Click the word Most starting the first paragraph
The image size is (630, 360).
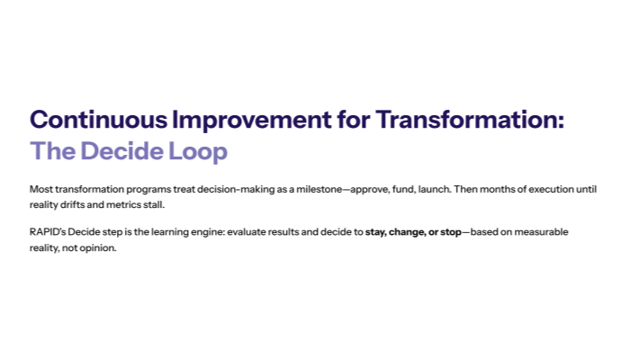point(40,190)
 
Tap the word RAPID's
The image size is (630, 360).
point(48,232)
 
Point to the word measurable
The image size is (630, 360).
point(536,232)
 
